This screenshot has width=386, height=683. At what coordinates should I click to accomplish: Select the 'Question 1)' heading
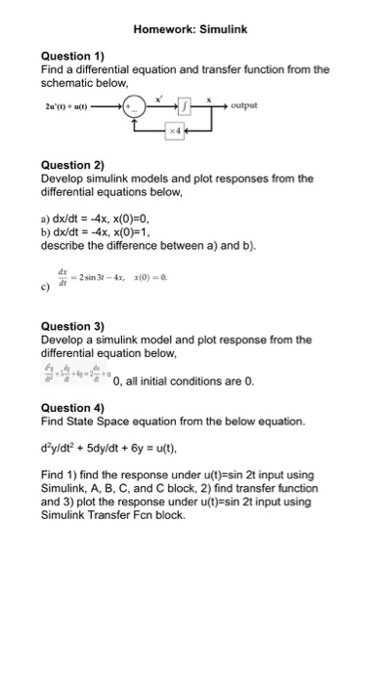[x=72, y=57]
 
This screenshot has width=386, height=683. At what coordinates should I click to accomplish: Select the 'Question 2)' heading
[x=72, y=167]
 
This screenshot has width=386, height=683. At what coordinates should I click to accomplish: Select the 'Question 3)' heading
[x=72, y=327]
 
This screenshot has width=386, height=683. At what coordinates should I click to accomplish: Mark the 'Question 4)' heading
[x=72, y=407]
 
